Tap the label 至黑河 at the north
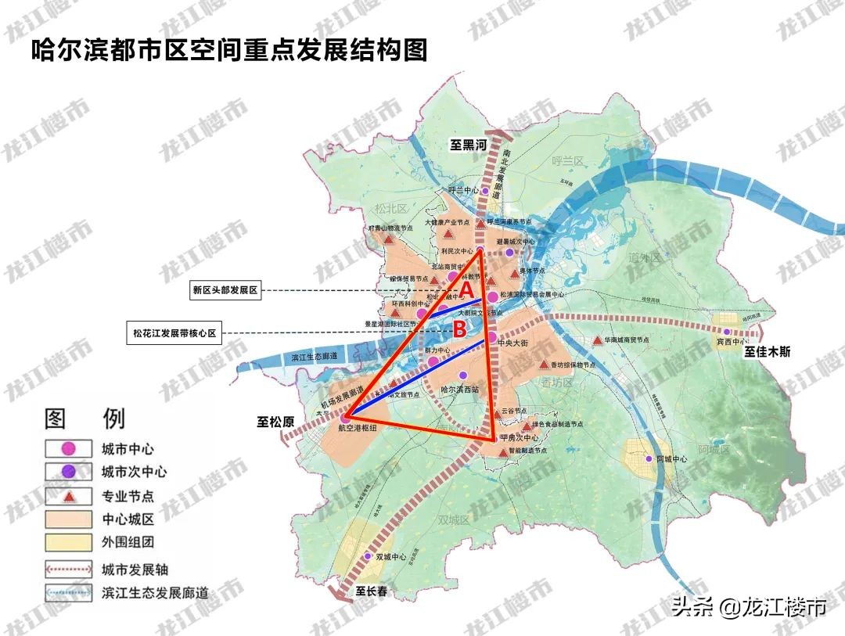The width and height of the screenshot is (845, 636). [467, 145]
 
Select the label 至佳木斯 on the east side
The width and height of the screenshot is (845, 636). [767, 352]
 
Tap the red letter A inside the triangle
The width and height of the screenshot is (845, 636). [465, 289]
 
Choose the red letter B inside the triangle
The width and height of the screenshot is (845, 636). [460, 326]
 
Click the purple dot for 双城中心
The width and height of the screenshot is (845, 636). [367, 557]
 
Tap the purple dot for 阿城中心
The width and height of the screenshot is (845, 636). [648, 458]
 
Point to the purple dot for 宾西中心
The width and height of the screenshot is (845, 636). [727, 332]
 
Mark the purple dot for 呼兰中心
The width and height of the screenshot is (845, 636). [485, 191]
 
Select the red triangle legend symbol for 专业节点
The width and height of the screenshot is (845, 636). [67, 496]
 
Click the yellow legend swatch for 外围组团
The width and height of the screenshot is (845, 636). [67, 541]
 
